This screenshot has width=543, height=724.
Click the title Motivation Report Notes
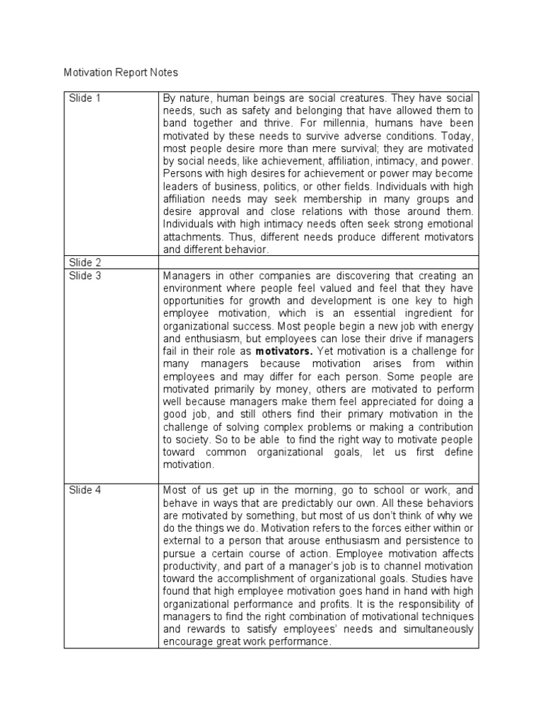coord(121,72)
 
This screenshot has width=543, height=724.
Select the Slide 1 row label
coord(85,98)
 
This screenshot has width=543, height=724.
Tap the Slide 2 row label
coord(85,262)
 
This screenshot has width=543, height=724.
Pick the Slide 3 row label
coord(85,276)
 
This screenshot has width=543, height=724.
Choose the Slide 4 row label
coord(85,489)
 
